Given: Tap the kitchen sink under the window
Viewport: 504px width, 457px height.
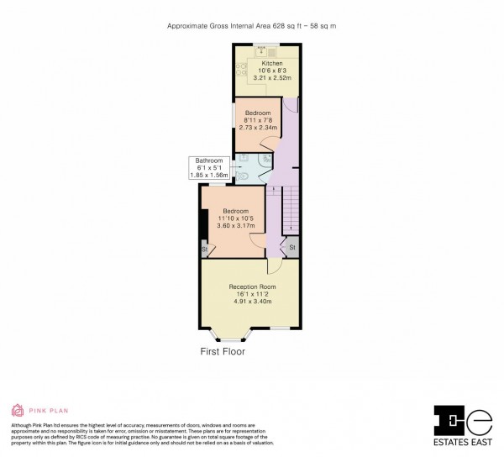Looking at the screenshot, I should tap(249, 50).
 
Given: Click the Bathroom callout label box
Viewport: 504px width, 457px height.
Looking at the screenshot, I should tap(209, 167).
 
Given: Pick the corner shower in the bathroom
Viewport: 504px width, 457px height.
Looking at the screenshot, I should tap(266, 159).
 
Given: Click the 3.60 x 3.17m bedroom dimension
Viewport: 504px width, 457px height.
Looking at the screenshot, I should tap(236, 225).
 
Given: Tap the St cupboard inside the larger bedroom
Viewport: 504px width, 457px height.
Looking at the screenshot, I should tap(204, 250).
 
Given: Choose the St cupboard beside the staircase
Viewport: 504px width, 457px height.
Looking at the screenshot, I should tap(292, 248).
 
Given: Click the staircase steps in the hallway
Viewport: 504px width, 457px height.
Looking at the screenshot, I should tap(290, 211).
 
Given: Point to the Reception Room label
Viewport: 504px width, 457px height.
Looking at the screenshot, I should tap(252, 286).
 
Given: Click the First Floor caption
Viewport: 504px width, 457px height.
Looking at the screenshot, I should tap(223, 352).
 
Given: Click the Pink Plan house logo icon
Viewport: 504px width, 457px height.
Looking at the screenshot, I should tap(18, 410).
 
